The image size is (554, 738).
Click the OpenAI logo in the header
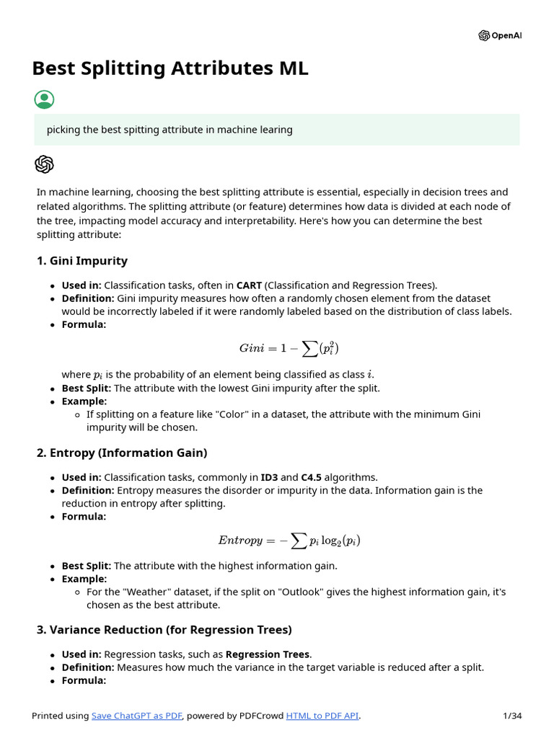coord(499,36)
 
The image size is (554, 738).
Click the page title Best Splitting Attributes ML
coord(170,68)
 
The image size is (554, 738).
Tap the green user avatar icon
coord(44,100)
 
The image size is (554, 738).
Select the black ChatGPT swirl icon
coord(44,164)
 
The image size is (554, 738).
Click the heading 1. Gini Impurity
coord(82,261)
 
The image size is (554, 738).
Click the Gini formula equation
coord(289,348)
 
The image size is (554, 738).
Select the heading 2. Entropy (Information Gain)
coord(121,453)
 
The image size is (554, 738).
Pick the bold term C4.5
coord(314,477)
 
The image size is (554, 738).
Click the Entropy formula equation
coord(289,540)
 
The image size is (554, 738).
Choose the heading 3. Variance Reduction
coord(164,630)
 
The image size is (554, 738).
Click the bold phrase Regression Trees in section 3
coord(268,654)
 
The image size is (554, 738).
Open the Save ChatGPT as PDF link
coord(137,716)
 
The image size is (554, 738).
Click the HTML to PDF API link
coord(322,716)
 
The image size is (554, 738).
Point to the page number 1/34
coord(511,716)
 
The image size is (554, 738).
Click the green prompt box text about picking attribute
coord(170,130)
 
